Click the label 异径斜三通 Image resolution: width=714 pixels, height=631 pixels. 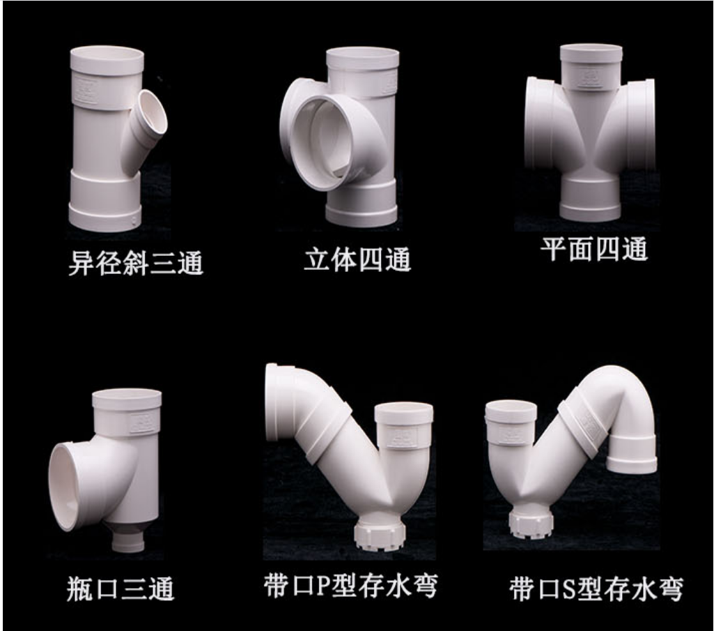136,264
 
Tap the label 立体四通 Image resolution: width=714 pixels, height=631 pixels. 357,259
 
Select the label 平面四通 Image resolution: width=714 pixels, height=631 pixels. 593,249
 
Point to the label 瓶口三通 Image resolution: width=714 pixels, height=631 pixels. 121,588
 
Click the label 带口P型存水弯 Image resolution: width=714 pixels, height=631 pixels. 350,586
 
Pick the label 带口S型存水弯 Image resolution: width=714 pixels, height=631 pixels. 596,588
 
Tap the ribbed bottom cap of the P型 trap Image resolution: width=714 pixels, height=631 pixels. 380,536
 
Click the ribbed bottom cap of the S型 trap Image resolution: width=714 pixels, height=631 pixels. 531,524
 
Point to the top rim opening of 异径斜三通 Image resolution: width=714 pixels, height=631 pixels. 107,54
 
